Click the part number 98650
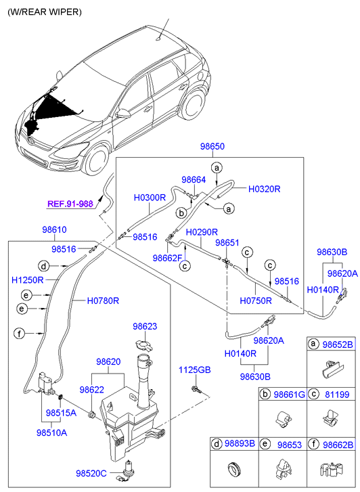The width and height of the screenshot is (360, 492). point(212,146)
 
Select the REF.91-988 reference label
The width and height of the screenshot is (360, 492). point(70,204)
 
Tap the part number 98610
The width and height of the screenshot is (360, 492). point(54,229)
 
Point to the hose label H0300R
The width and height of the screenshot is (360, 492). point(150,198)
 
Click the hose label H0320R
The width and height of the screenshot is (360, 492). point(265,189)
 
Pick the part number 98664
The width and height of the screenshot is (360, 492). point(194,180)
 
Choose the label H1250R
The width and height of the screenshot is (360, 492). point(27,280)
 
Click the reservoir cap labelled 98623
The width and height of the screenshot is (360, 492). point(144,345)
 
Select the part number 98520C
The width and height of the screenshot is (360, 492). point(91,473)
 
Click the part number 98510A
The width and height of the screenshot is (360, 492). point(52,432)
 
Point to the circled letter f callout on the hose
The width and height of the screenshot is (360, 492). point(20,334)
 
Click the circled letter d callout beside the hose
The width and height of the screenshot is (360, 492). point(43,267)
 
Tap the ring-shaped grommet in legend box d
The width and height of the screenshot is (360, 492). point(233,470)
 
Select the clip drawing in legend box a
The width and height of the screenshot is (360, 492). point(332,370)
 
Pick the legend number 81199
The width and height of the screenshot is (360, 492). point(337,395)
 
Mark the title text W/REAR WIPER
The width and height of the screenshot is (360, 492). point(45,12)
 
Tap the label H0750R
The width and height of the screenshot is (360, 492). point(256,301)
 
